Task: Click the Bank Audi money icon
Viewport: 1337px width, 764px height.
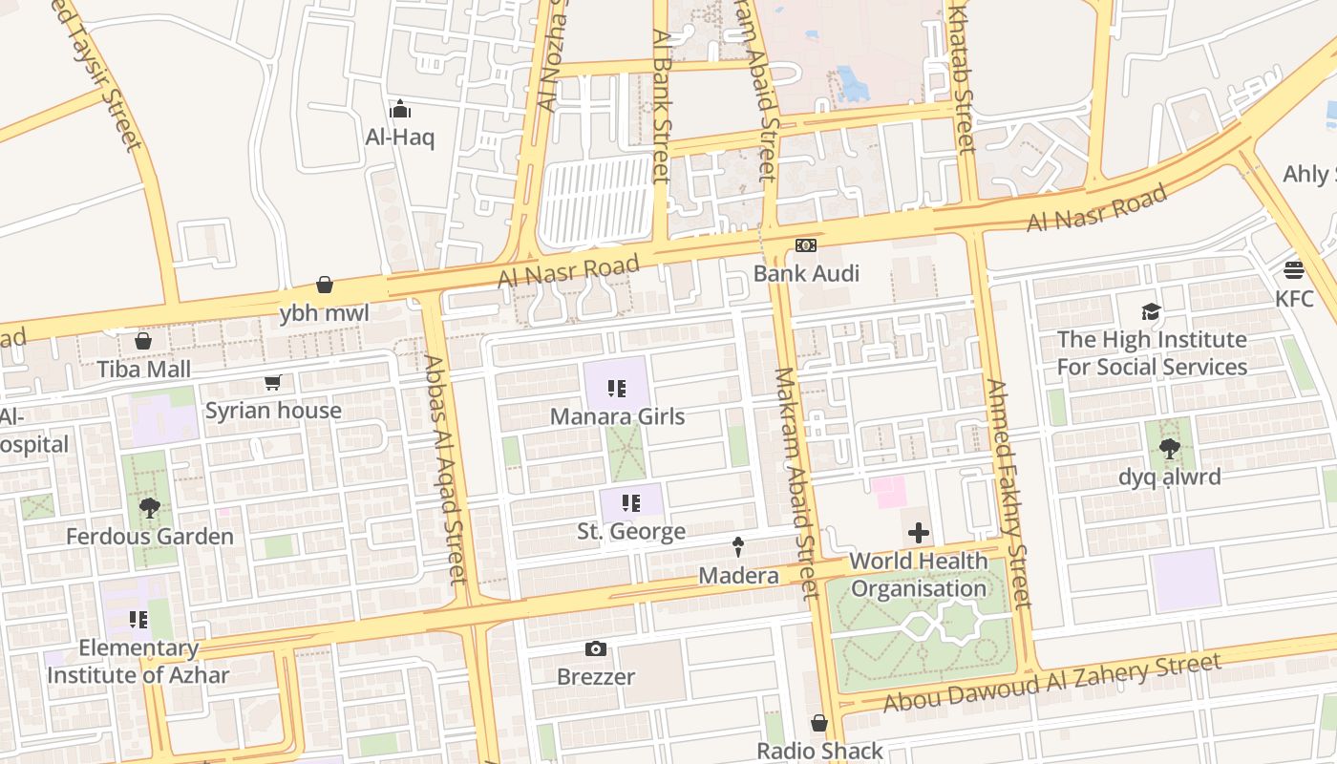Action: tap(806, 246)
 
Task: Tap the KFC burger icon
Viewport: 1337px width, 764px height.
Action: tap(1294, 270)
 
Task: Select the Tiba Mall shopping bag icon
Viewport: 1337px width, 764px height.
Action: tap(143, 341)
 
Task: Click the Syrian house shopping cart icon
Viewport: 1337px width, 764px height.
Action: tap(273, 383)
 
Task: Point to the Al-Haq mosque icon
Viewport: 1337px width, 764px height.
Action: tap(400, 109)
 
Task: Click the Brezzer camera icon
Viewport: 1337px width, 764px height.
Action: tap(596, 649)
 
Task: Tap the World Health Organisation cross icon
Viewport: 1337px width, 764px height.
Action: tap(919, 533)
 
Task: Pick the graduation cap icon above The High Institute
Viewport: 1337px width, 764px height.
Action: tap(1152, 311)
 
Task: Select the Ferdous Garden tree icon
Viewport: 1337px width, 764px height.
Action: tap(149, 508)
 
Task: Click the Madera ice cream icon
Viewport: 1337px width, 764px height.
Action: tap(738, 547)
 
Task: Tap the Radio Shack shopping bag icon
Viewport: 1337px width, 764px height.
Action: tap(819, 723)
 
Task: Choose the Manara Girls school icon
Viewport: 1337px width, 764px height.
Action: tap(617, 389)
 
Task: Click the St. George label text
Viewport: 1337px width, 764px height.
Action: tap(631, 532)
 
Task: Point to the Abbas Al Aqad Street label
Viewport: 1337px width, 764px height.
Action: tap(445, 469)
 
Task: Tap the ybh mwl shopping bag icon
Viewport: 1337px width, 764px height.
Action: tap(325, 285)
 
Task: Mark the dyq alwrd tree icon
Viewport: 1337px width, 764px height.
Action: tap(1169, 449)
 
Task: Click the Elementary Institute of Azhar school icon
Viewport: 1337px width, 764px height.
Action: tap(138, 621)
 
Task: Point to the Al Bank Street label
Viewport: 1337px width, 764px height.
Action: tap(661, 105)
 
